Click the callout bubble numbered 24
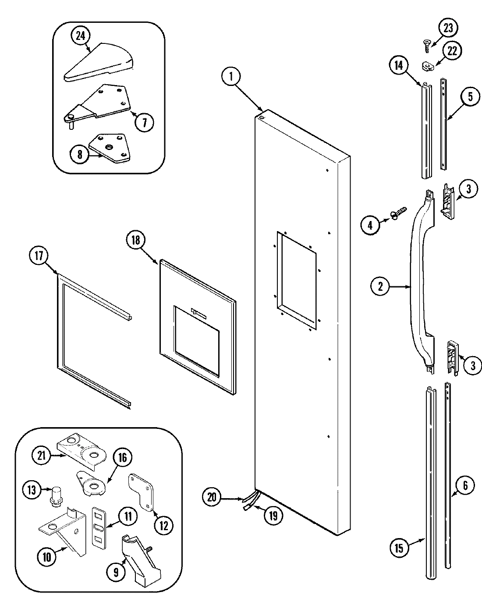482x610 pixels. pos(80,36)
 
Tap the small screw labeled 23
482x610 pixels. pos(426,42)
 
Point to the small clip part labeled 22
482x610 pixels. pos(427,66)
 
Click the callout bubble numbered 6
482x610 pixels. pos(464,485)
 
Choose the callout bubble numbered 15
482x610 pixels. pos(401,547)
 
